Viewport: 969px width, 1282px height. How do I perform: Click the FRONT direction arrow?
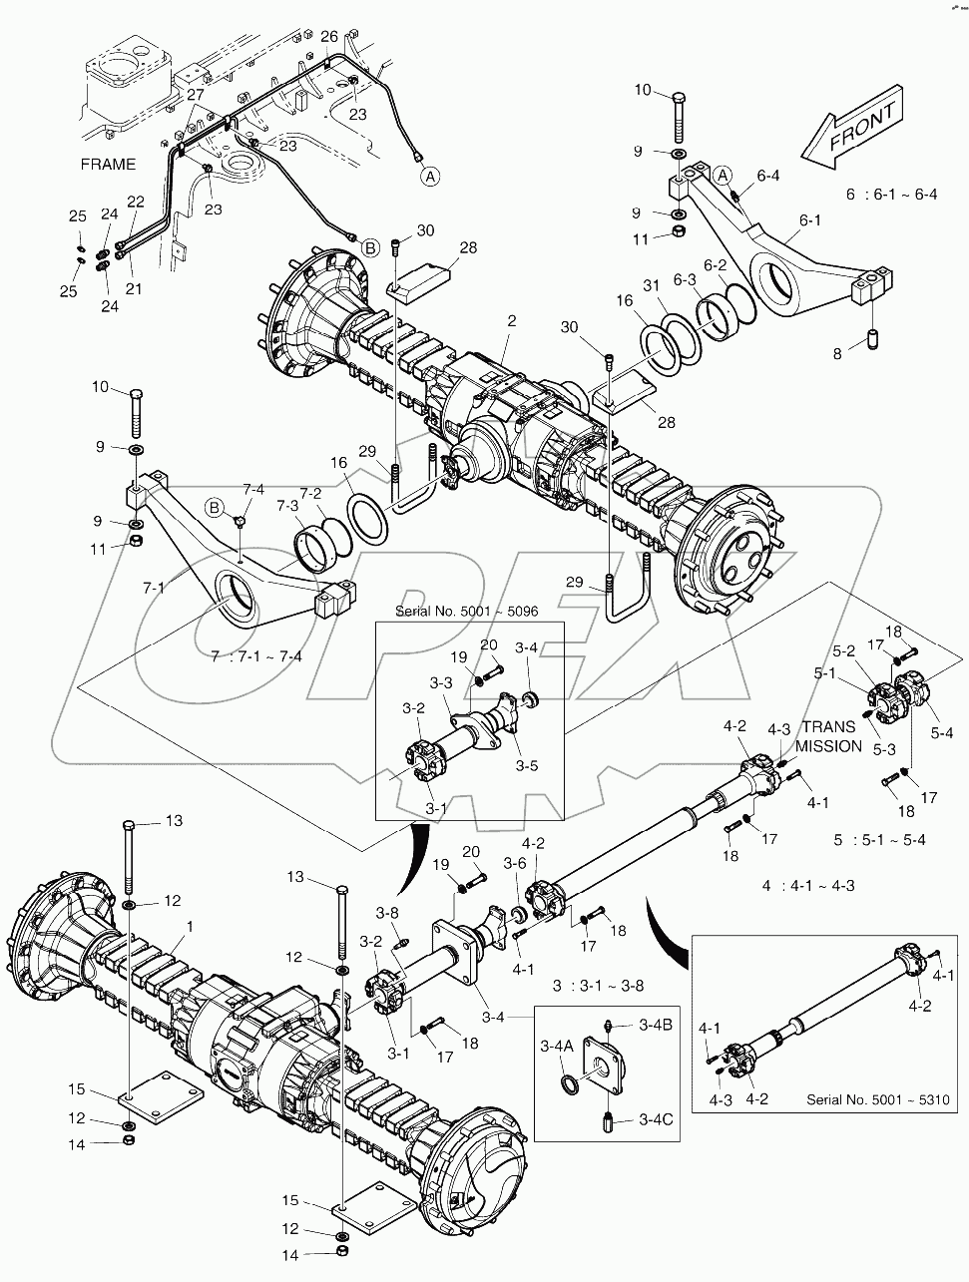pyautogui.click(x=853, y=130)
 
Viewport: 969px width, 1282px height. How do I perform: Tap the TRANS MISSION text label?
pyautogui.click(x=830, y=736)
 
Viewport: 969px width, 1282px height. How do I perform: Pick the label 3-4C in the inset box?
pyautogui.click(x=656, y=1119)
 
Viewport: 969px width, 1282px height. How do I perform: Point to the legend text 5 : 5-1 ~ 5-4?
pyautogui.click(x=879, y=840)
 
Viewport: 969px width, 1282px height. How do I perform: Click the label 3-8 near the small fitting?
pyautogui.click(x=387, y=912)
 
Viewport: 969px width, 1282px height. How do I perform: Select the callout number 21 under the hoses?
pyautogui.click(x=133, y=289)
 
